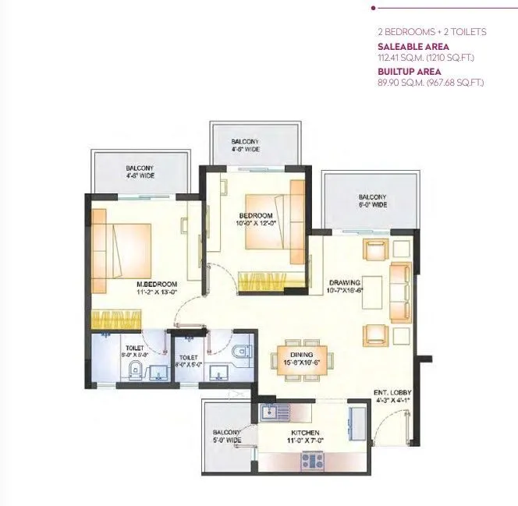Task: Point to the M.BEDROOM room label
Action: (x=156, y=283)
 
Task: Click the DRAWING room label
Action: (x=343, y=282)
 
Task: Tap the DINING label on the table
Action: (x=303, y=353)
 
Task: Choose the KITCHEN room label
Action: (x=303, y=433)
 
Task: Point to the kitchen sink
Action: (x=269, y=412)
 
